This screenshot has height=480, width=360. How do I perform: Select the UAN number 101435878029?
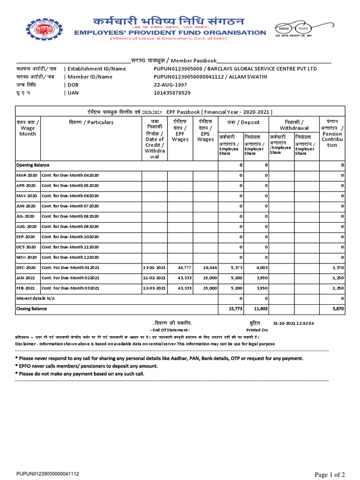172,93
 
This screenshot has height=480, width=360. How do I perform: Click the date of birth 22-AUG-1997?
171,85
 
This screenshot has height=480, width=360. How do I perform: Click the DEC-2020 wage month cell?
27,268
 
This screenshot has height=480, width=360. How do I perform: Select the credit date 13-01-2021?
154,268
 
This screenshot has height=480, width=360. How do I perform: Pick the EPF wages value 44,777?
180,268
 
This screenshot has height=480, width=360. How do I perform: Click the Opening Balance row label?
33,165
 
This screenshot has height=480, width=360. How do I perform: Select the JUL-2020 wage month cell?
26,216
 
